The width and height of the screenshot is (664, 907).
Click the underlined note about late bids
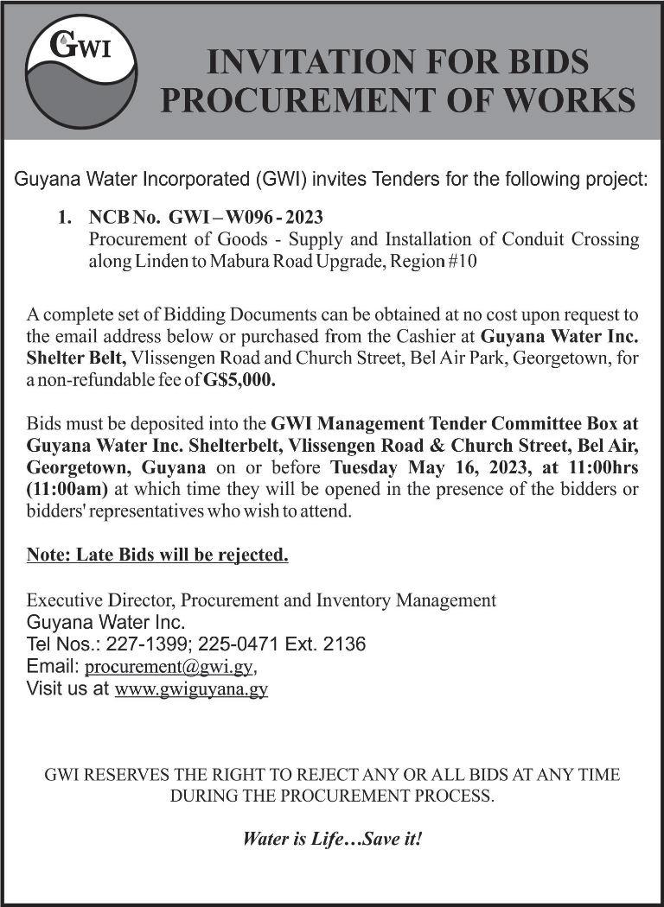(157, 555)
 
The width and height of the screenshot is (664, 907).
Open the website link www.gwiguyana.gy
(191, 689)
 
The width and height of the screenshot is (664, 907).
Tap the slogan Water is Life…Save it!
(332, 838)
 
